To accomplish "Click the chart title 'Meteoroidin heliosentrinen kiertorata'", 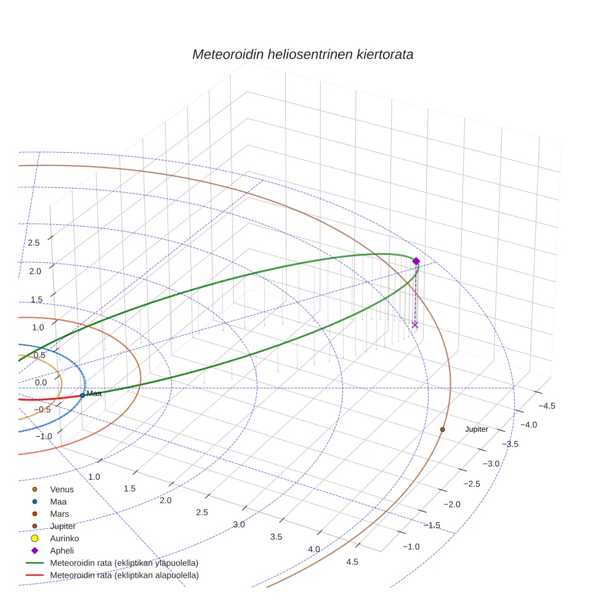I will click(x=302, y=54).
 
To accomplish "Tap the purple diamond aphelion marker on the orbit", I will click(x=416, y=261).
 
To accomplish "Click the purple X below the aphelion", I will click(x=415, y=325).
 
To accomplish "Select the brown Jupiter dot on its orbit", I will click(x=442, y=429).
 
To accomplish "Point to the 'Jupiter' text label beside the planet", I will click(x=476, y=429).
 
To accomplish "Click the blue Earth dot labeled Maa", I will click(x=83, y=395).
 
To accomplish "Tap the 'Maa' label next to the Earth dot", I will click(x=94, y=394).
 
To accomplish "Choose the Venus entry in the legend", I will click(x=62, y=490).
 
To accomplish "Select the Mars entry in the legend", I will click(x=59, y=514).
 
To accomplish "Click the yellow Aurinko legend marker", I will click(x=34, y=538).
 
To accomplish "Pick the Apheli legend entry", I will click(x=62, y=551).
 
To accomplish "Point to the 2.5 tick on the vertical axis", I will click(x=34, y=243).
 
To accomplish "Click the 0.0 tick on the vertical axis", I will click(x=41, y=382).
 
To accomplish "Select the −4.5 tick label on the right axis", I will click(x=547, y=406).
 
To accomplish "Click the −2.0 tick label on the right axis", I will click(x=451, y=504).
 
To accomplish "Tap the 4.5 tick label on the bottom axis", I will click(x=352, y=561).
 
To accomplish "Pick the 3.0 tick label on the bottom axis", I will click(x=239, y=525).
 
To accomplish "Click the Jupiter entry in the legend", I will click(x=63, y=526).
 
